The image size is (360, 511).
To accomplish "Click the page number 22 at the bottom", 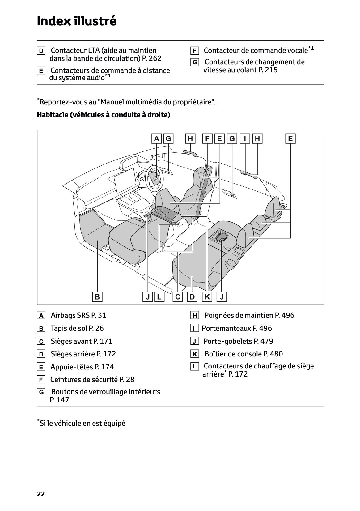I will coord(41,494).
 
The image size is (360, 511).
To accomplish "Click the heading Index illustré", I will coord(76,21).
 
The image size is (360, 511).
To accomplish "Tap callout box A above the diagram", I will coord(157,139).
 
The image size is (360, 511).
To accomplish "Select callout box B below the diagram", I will coord(97,297).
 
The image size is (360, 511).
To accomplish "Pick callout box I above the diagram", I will coord(245,139).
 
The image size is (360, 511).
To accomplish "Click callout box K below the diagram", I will coord(207,297).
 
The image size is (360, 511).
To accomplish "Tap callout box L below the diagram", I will coord(159,297).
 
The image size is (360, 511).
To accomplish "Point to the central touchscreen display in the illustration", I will coord(126,180).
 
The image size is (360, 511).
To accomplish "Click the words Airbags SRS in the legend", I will coord(70,315).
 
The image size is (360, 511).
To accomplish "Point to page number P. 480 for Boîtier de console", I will coord(273,354).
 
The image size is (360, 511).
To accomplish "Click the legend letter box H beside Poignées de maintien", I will coord(194,316).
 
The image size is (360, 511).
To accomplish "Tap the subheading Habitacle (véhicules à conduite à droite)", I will coord(104,115).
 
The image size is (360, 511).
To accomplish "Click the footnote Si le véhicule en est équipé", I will coord(82,423).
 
